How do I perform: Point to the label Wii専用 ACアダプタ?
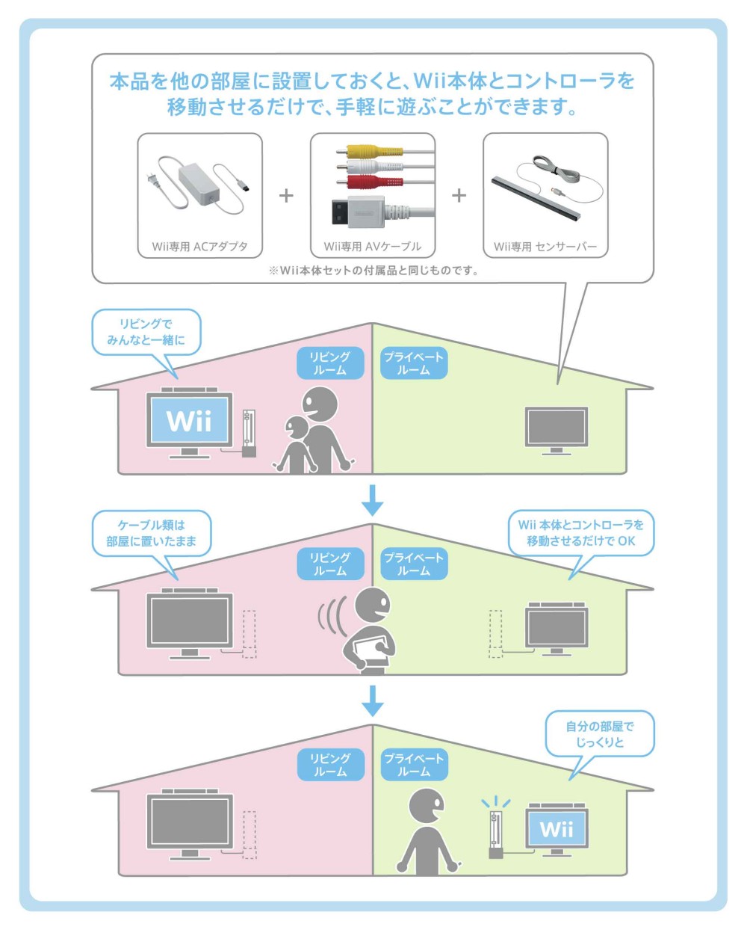point(199,246)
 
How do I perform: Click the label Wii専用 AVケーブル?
point(372,246)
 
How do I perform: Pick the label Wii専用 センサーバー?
point(545,246)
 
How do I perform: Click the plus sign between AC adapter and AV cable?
point(286,196)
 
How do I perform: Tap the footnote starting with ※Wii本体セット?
point(373,271)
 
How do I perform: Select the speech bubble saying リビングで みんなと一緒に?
point(146,332)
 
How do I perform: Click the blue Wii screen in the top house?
point(189,421)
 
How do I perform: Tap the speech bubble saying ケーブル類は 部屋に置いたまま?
point(151,533)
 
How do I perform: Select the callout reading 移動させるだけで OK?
point(580,533)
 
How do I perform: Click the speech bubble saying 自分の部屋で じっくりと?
point(599,734)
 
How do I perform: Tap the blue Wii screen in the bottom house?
point(557,828)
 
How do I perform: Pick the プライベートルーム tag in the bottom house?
point(413,765)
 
